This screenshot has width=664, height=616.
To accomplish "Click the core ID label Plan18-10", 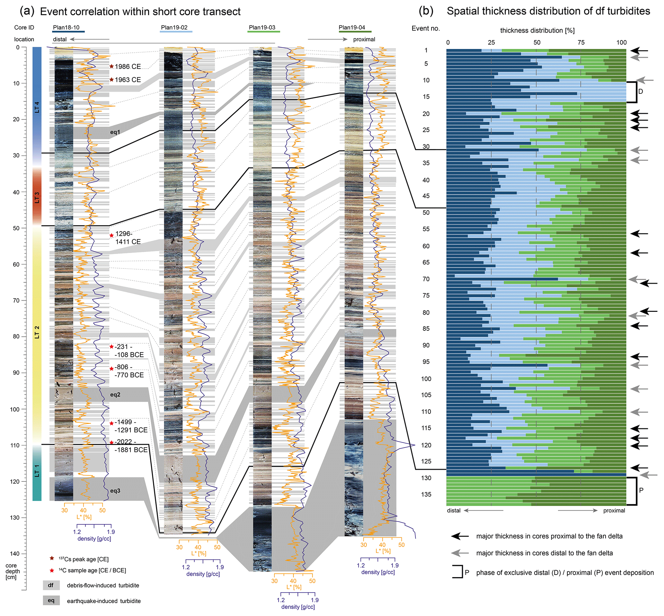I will [x=66, y=27].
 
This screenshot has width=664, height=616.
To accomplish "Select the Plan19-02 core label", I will [x=174, y=27].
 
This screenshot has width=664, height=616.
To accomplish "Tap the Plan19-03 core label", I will [x=262, y=27].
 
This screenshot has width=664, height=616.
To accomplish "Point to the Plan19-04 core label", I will [x=352, y=27].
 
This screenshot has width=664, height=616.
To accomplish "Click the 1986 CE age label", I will [x=128, y=67].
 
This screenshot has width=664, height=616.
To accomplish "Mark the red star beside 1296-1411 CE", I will [x=112, y=236].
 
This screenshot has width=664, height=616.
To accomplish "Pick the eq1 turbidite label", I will [x=115, y=132].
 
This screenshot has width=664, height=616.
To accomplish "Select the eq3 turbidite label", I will [x=115, y=491].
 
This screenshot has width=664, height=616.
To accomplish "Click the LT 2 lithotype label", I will [x=37, y=332].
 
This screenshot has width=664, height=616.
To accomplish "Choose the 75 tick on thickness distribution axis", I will [x=581, y=42].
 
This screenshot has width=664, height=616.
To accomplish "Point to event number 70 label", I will [x=426, y=279].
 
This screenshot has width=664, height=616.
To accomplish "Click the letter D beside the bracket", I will [x=640, y=91].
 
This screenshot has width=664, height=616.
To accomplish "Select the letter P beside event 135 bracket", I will [x=641, y=490].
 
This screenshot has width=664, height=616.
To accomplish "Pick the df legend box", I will [x=51, y=585].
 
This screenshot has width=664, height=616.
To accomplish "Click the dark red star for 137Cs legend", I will [x=52, y=558].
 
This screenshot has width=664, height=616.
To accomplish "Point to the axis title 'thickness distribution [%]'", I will [x=537, y=31].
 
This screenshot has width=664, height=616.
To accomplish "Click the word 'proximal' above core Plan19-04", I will [x=364, y=39].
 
